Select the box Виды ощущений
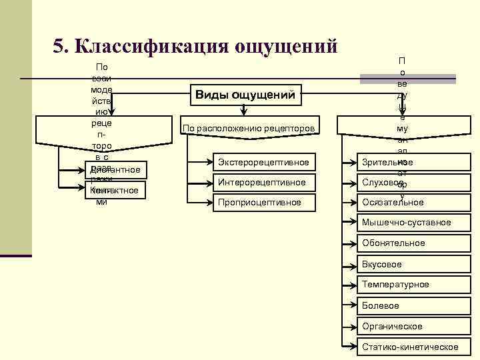[x=245, y=95]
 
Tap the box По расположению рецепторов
[x=249, y=128]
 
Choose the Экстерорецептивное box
[x=263, y=162]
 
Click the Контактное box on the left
[x=116, y=190]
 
